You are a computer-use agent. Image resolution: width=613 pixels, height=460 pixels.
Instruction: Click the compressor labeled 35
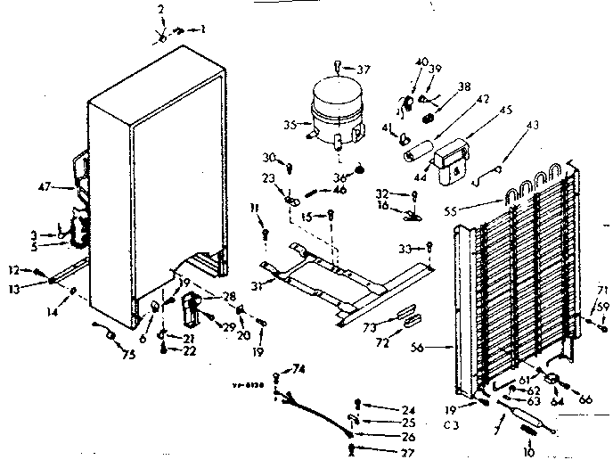(x=335, y=111)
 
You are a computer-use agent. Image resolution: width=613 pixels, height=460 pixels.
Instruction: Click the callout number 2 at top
(x=161, y=9)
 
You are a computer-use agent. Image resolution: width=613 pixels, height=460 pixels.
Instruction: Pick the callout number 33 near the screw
(x=405, y=248)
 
